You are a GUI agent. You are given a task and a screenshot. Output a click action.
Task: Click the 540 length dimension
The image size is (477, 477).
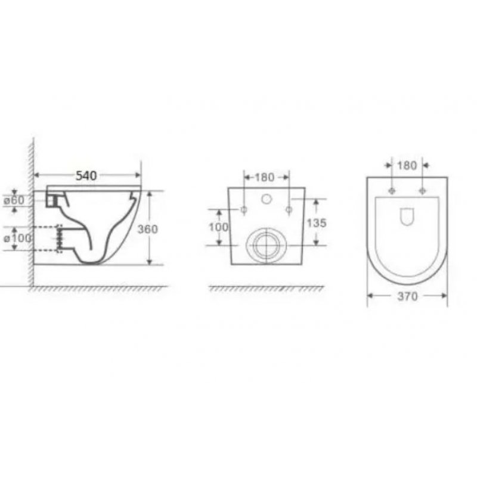pos(86,175)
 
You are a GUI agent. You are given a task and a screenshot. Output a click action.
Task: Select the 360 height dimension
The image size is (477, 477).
pos(147,229)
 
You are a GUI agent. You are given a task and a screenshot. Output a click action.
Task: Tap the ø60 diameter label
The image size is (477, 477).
pos(14,200)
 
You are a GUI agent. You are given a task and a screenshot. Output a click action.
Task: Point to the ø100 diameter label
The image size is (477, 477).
pos(17,238)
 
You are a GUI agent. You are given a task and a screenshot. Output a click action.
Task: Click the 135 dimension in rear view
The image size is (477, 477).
pos(317,223)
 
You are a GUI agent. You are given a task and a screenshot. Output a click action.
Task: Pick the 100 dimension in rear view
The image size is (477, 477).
pos(218,227)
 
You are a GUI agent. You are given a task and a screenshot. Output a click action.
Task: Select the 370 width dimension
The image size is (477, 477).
pos(407,296)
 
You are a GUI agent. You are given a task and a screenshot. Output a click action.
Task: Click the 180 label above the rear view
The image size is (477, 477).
pos(264,177)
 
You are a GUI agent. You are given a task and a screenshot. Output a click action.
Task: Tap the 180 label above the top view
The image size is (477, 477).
pos(407,166)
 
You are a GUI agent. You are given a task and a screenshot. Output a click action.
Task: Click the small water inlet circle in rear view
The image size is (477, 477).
pos(267,199)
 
